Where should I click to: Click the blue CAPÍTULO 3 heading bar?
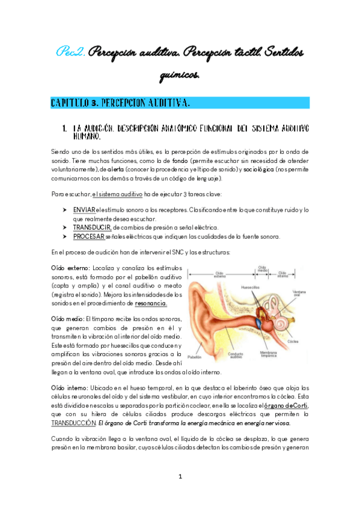(x=180, y=103)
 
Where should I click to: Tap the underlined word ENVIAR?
(x=85, y=209)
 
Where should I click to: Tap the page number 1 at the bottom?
(x=180, y=477)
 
